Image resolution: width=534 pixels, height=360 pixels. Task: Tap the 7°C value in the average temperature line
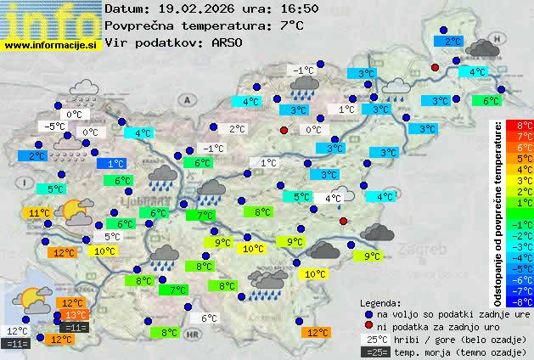pyautogui.click(x=290, y=25)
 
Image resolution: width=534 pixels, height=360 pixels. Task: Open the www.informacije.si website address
pyautogui.click(x=51, y=45)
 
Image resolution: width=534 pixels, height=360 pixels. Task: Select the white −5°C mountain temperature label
pyautogui.click(x=55, y=127)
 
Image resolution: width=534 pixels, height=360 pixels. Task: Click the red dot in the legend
pyautogui.click(x=368, y=326)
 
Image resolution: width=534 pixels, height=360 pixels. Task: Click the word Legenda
pyautogui.click(x=380, y=303)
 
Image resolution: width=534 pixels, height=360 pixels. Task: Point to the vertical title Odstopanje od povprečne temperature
pyautogui.click(x=498, y=212)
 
